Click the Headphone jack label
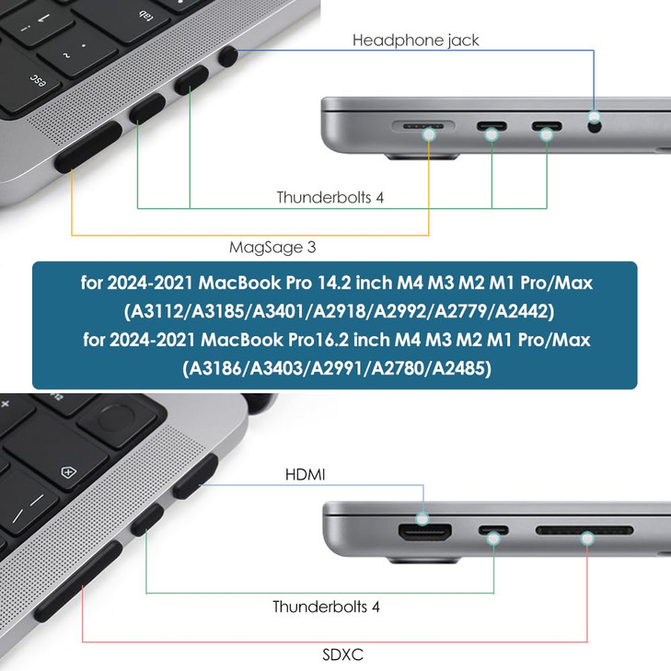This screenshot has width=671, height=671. [x=415, y=40]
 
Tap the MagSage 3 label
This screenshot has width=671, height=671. [x=272, y=248]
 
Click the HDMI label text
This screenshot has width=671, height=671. [x=305, y=475]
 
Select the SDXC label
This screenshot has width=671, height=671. [x=342, y=654]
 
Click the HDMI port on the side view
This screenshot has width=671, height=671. [x=425, y=532]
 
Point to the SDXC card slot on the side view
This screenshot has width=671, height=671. [x=584, y=531]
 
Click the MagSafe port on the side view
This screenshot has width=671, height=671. [x=423, y=126]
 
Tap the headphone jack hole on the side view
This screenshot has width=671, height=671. [x=595, y=126]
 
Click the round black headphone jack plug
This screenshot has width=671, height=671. [x=227, y=57]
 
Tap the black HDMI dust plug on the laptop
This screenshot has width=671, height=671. [x=195, y=477]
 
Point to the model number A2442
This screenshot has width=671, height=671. [x=521, y=311]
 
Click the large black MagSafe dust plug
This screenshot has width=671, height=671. [x=88, y=146]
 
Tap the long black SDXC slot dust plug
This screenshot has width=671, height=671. [x=78, y=581]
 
